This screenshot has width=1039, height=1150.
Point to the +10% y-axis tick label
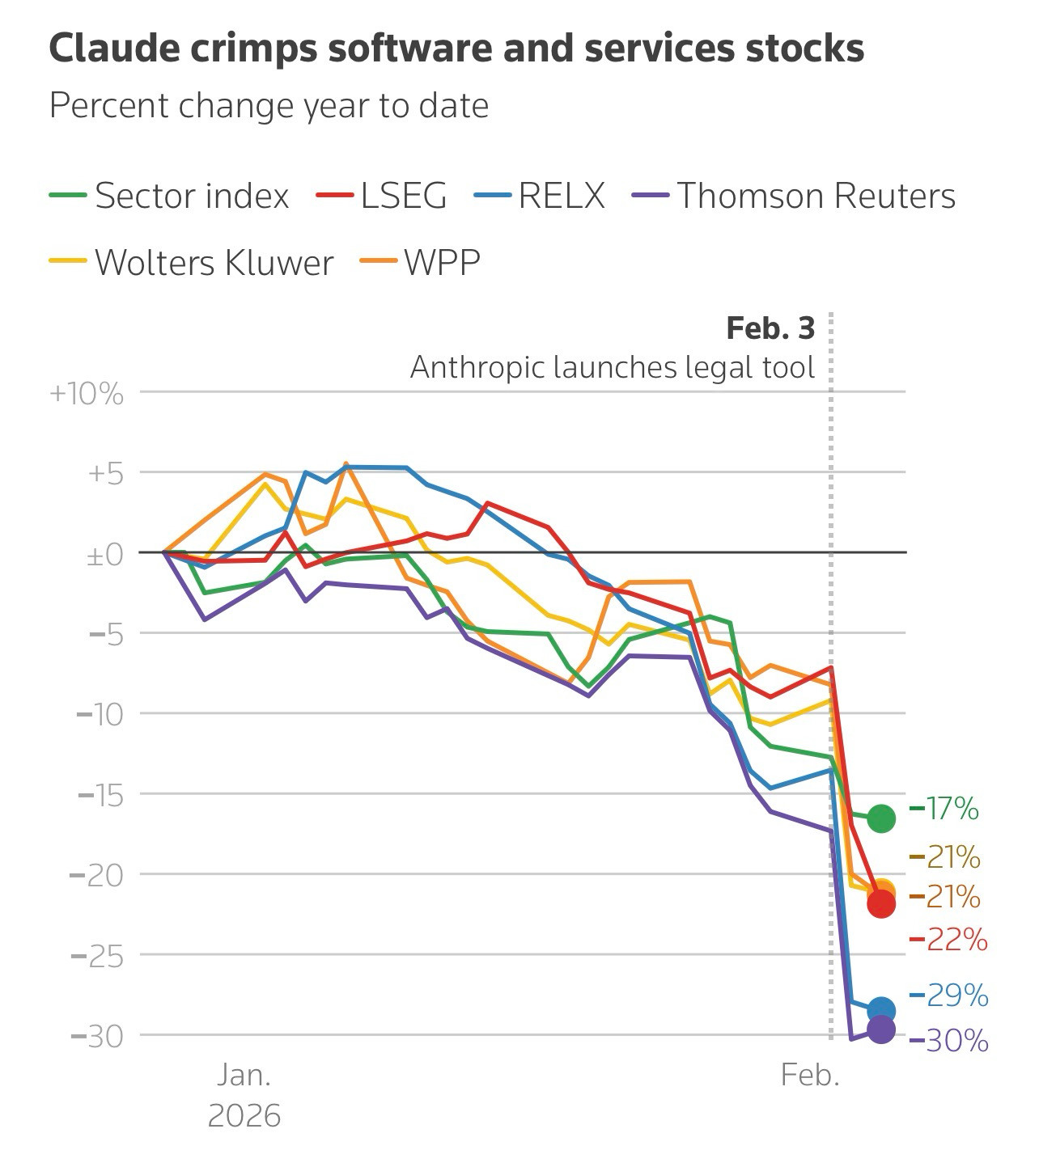pyautogui.click(x=87, y=394)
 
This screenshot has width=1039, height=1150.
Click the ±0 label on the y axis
pyautogui.click(x=104, y=555)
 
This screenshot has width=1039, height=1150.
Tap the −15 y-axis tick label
pyautogui.click(x=100, y=795)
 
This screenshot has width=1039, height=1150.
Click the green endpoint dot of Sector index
pyautogui.click(x=880, y=818)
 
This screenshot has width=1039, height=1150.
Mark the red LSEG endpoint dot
pyautogui.click(x=880, y=904)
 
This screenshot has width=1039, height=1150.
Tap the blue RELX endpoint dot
pyautogui.click(x=880, y=1010)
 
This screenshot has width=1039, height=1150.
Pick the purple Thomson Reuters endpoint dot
pyautogui.click(x=880, y=1030)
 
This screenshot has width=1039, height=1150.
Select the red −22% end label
pyautogui.click(x=950, y=940)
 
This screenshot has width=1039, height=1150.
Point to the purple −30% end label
pyautogui.click(x=950, y=1041)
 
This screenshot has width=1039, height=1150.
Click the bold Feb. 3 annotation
pyautogui.click(x=770, y=328)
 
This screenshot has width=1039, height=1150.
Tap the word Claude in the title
pyautogui.click(x=112, y=49)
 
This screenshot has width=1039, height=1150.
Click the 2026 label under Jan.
pyautogui.click(x=244, y=1116)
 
